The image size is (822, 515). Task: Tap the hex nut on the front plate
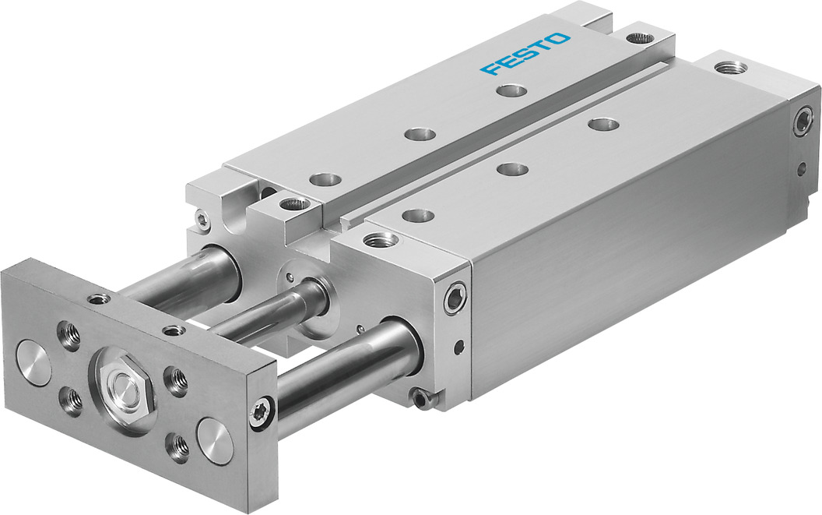coord(122,384)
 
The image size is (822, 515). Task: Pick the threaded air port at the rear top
coord(730,68)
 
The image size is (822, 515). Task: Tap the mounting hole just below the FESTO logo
coord(511,91)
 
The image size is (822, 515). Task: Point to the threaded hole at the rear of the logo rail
coord(641,37)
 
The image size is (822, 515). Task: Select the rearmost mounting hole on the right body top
coord(603,123)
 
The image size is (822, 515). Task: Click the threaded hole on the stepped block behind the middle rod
coord(293,205)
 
